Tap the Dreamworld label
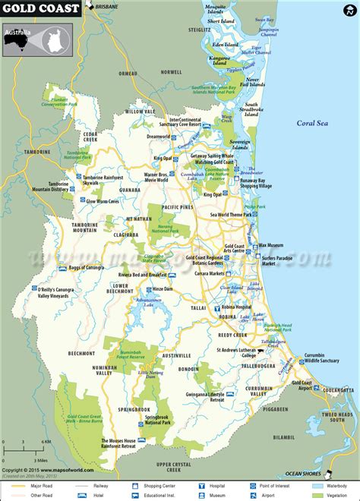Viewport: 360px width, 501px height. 158,137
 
